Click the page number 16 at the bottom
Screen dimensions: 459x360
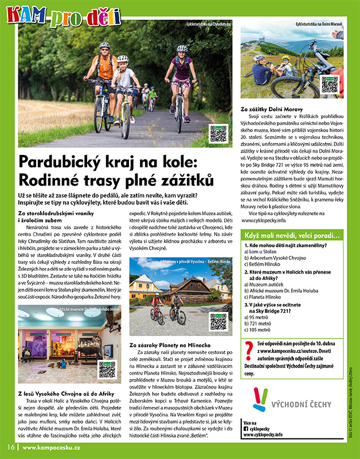click(10, 447)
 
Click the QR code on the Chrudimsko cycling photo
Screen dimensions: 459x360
click(218, 133)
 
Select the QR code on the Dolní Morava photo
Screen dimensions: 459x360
click(329, 85)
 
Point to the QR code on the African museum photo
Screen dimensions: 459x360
click(107, 369)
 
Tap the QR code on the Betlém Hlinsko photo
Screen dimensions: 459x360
click(218, 322)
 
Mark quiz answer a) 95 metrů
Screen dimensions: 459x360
click(260, 317)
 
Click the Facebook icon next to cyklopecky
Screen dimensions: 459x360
click(246, 428)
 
